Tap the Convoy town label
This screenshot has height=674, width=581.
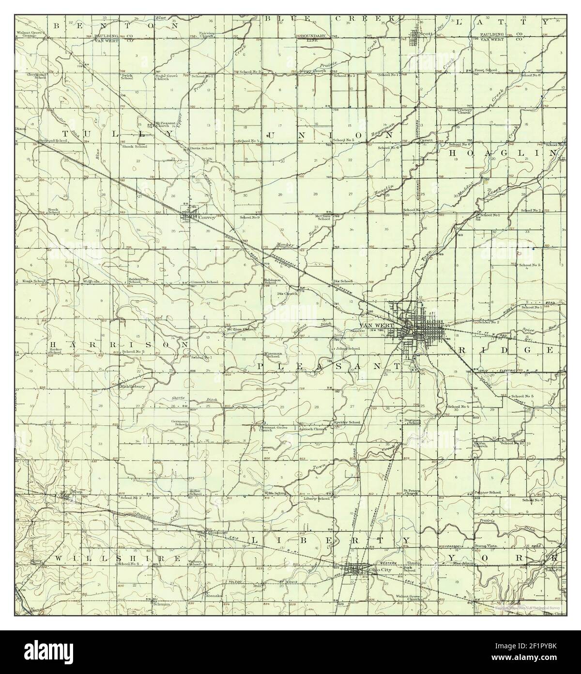206,217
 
